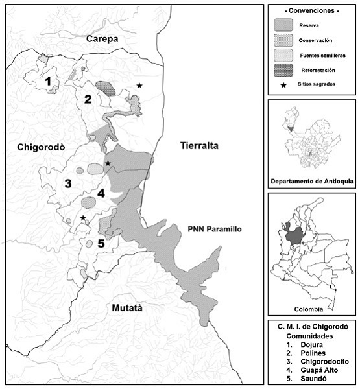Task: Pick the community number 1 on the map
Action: [x=49, y=81]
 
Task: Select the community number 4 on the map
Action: [x=101, y=193]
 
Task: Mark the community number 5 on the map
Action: [x=101, y=244]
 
